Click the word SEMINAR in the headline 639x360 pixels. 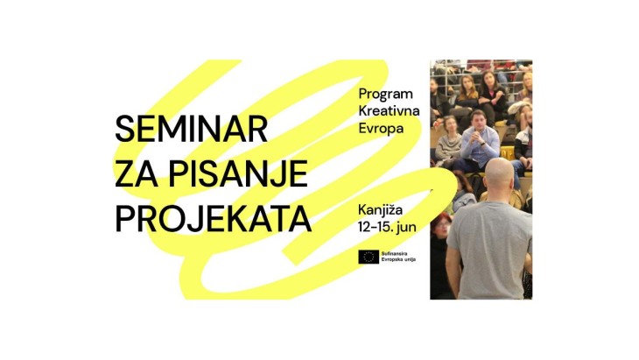click(191, 129)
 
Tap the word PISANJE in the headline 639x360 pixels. click(238, 174)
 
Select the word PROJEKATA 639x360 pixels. click(213, 219)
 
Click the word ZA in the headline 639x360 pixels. click(137, 174)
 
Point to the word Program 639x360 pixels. click(385, 95)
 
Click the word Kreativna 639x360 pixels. click(389, 111)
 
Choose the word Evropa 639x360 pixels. click(381, 129)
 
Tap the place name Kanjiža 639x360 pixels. click(380, 210)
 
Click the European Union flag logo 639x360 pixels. click(369, 257)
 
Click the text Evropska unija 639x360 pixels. click(398, 259)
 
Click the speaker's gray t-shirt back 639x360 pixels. click(489, 249)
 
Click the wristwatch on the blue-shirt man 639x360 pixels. click(482, 143)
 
